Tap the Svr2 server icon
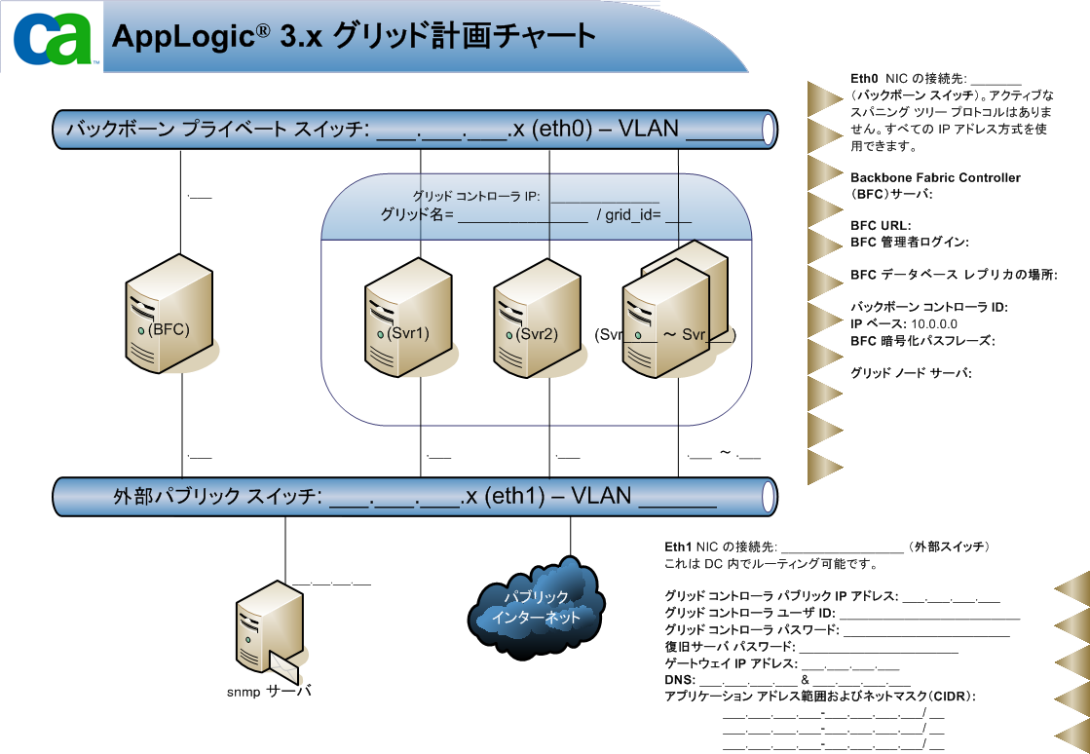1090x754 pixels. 531,318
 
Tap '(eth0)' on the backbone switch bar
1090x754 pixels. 563,129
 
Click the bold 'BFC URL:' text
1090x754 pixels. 880,226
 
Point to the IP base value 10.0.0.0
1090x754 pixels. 934,323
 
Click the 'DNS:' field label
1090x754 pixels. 679,679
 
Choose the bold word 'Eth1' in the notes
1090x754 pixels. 678,547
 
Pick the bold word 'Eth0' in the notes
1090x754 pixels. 865,79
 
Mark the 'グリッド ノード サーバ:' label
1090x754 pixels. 912,373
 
